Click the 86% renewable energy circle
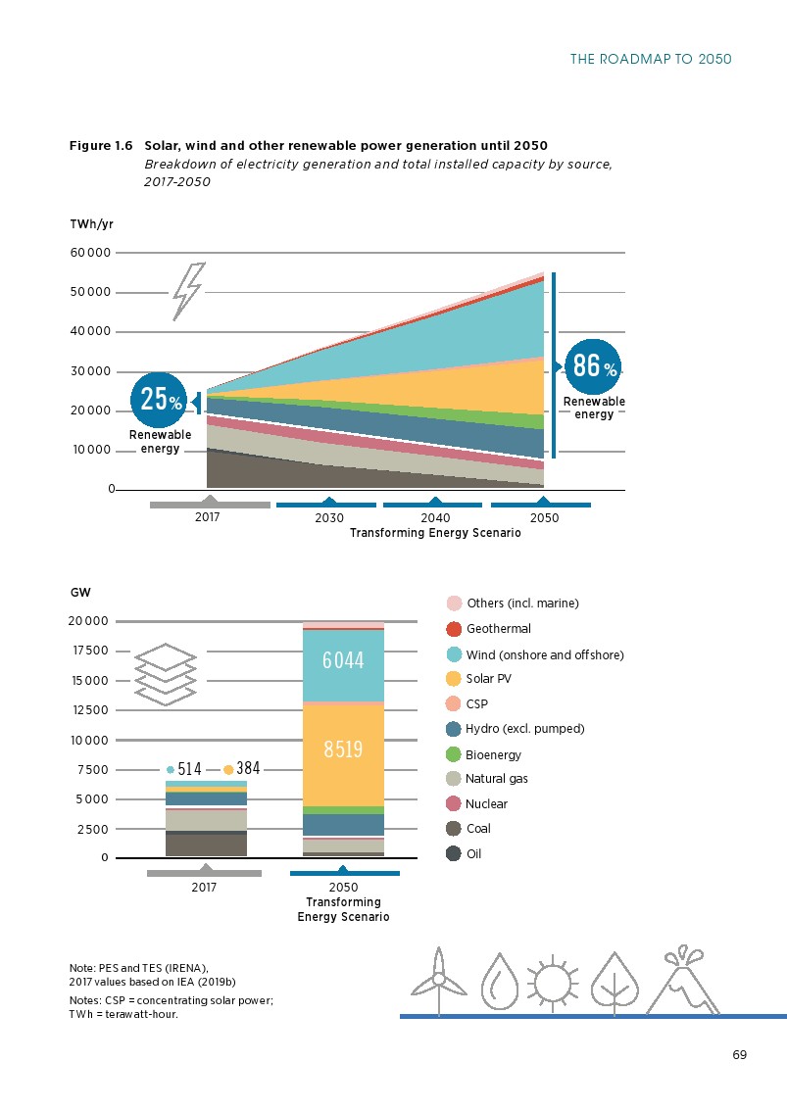(593, 366)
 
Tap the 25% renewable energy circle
(159, 400)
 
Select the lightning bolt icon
(188, 291)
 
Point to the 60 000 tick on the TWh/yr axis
(90, 252)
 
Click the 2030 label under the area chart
(329, 518)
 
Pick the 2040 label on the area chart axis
(435, 518)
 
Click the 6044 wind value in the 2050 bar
(343, 660)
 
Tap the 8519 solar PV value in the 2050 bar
(343, 749)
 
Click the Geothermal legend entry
(488, 628)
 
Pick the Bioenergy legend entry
(483, 754)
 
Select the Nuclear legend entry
(476, 803)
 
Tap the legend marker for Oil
(454, 853)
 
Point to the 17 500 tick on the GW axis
(91, 651)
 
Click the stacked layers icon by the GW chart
(166, 674)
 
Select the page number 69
(740, 1055)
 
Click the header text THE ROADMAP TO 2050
(651, 59)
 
